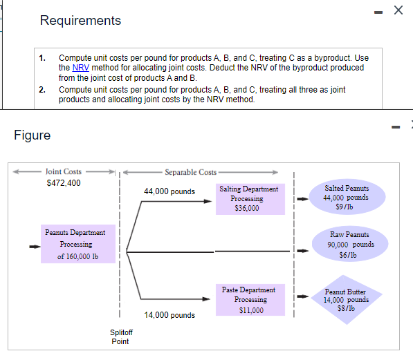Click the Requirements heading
click(x=80, y=21)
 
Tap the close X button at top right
click(x=398, y=10)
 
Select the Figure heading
click(x=32, y=135)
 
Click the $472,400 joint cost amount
click(x=63, y=182)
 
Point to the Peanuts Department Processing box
click(x=75, y=244)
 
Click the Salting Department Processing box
click(x=249, y=198)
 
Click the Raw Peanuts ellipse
click(x=347, y=244)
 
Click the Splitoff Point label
click(x=120, y=337)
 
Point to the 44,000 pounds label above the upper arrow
click(x=169, y=191)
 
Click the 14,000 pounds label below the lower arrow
click(x=169, y=315)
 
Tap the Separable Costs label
click(x=190, y=172)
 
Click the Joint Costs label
click(x=63, y=171)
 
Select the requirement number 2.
click(x=42, y=90)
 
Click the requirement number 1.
click(x=42, y=58)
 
